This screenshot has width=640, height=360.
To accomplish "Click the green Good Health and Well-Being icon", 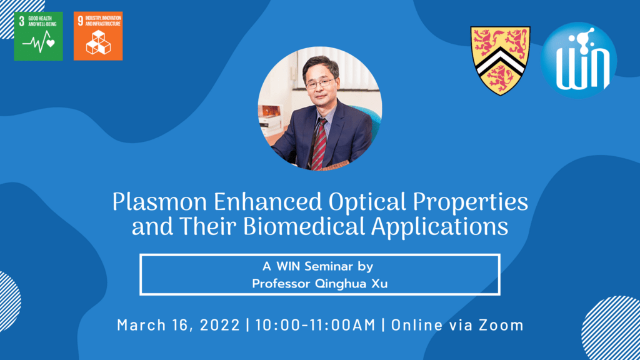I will [x=38, y=36].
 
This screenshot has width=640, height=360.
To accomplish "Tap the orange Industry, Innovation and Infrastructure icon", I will [x=98, y=36].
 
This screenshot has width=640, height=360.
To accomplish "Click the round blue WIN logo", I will [x=579, y=60].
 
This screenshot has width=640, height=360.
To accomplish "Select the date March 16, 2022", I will [x=178, y=325].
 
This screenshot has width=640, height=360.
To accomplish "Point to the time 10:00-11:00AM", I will [x=316, y=325].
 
